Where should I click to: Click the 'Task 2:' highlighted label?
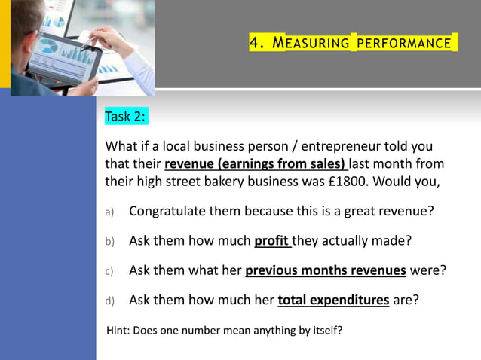point(126,117)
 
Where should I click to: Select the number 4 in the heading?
point(256,43)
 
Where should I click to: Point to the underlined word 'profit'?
point(271,241)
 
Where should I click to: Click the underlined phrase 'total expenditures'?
point(333,300)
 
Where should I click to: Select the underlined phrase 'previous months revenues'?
point(326,270)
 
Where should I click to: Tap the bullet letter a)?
point(109,212)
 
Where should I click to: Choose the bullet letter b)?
point(109,242)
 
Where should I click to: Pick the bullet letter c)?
point(109,271)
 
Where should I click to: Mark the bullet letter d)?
point(109,301)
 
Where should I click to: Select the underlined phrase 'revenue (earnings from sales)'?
point(254,163)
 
